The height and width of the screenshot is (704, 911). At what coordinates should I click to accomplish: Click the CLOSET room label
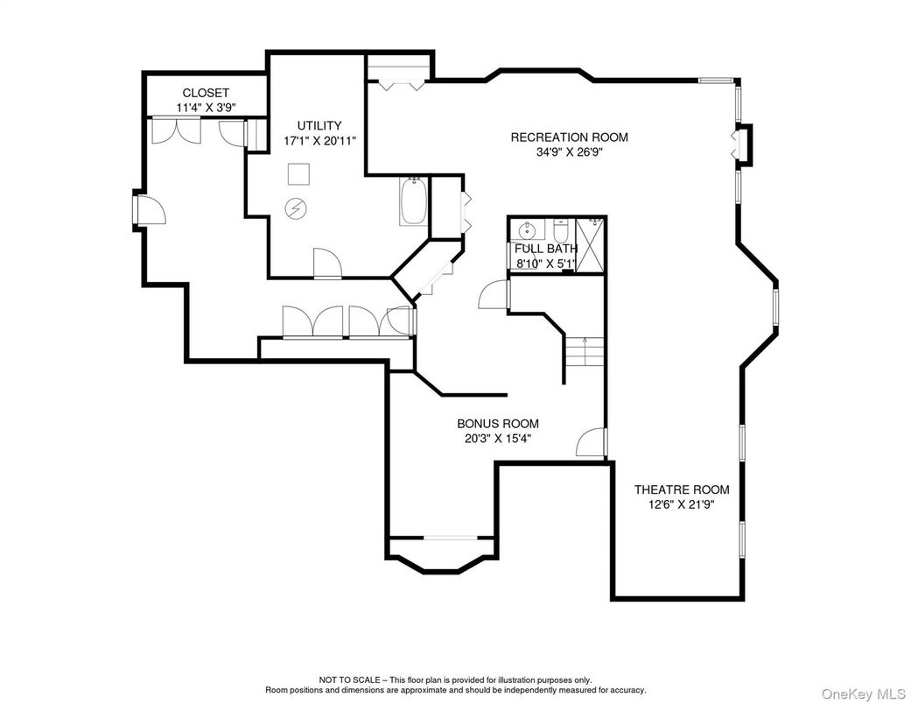(206, 93)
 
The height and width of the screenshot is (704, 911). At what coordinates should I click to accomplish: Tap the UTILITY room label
(319, 125)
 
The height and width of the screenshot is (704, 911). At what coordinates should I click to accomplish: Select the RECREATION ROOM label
(570, 137)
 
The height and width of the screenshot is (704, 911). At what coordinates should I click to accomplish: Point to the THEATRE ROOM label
(682, 490)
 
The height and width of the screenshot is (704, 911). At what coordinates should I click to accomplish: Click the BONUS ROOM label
(498, 424)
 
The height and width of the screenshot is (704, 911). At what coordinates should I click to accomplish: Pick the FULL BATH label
(546, 249)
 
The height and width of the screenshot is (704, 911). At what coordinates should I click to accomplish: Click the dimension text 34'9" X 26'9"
(570, 153)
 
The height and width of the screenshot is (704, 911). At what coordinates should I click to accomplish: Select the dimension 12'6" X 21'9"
(682, 504)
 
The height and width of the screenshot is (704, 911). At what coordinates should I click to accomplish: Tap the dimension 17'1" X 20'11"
(319, 141)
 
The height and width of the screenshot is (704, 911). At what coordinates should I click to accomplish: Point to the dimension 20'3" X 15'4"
(498, 439)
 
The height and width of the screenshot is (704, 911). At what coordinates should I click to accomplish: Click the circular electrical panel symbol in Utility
(296, 208)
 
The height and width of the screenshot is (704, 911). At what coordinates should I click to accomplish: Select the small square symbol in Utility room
(298, 174)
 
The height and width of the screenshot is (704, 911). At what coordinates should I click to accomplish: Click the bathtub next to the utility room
(414, 201)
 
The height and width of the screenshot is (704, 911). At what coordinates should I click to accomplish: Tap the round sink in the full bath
(528, 231)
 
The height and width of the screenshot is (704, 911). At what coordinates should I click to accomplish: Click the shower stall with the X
(590, 244)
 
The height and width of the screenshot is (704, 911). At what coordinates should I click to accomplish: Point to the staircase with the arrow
(585, 351)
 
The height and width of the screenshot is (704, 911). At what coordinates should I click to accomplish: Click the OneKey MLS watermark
(864, 693)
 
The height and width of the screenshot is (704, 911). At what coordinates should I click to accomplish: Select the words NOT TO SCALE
(349, 679)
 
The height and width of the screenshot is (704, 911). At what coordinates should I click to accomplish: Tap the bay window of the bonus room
(442, 556)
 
